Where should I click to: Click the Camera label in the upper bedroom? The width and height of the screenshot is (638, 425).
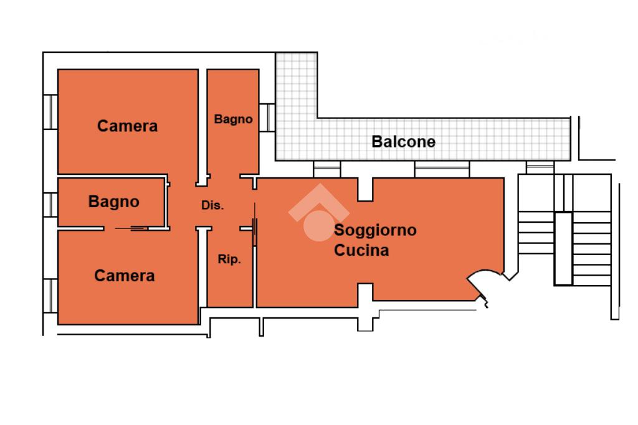pyautogui.click(x=127, y=126)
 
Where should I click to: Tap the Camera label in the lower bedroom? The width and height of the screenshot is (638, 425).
pyautogui.click(x=125, y=276)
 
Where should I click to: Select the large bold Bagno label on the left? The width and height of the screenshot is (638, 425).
pyautogui.click(x=113, y=202)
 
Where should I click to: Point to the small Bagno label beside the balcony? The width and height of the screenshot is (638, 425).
pyautogui.click(x=233, y=119)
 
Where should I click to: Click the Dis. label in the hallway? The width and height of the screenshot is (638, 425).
pyautogui.click(x=212, y=205)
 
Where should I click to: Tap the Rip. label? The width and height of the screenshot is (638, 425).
pyautogui.click(x=229, y=260)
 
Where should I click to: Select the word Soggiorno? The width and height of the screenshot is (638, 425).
pyautogui.click(x=375, y=230)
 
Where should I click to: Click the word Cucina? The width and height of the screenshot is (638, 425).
pyautogui.click(x=361, y=251)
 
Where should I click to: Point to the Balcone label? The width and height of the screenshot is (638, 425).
pyautogui.click(x=404, y=142)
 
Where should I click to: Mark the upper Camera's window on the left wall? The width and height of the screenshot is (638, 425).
pyautogui.click(x=50, y=112)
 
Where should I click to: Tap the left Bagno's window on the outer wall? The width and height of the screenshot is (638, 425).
pyautogui.click(x=50, y=204)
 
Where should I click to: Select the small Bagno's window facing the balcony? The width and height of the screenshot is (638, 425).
pyautogui.click(x=266, y=118)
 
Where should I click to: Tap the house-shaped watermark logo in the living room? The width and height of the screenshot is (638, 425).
pyautogui.click(x=318, y=213)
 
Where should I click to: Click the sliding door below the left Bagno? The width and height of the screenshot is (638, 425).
pyautogui.click(x=132, y=229)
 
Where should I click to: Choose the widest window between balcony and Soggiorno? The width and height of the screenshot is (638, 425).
pyautogui.click(x=441, y=169)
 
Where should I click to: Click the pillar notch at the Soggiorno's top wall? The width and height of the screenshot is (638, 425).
pyautogui.click(x=365, y=189)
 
